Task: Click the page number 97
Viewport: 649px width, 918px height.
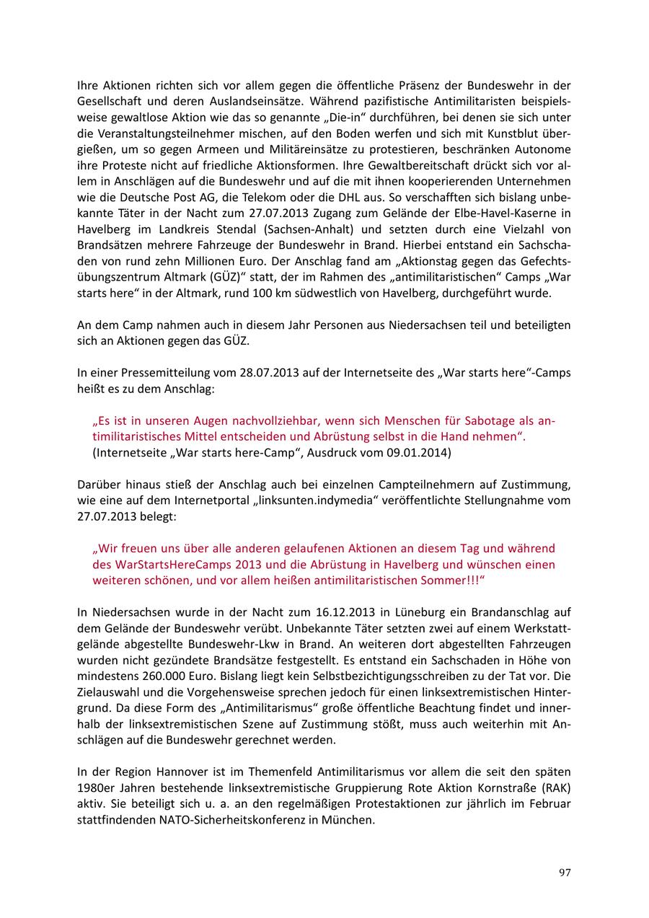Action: coord(565,873)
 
